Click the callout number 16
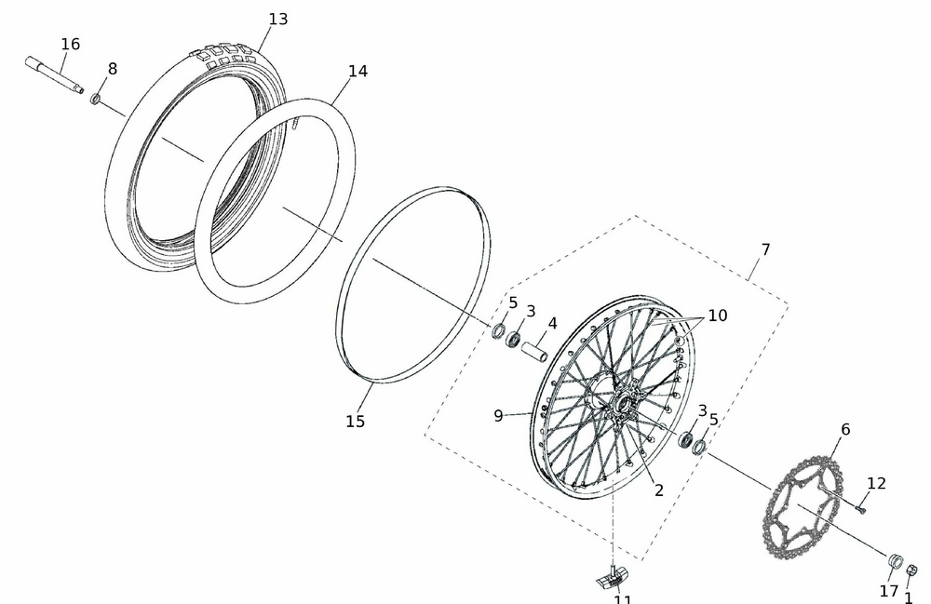pos(71,45)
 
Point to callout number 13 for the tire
pos(277,20)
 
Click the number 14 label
pos(358,72)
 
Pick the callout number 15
pos(355,422)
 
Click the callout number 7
pos(765,250)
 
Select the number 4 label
pos(552,324)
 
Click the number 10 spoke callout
pos(717,315)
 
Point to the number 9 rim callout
pos(499,416)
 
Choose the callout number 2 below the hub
pos(658,490)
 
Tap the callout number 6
pos(845,430)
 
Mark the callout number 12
pos(876,484)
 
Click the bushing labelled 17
pos(893,560)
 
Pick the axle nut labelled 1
pos(912,570)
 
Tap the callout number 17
pos(889,591)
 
